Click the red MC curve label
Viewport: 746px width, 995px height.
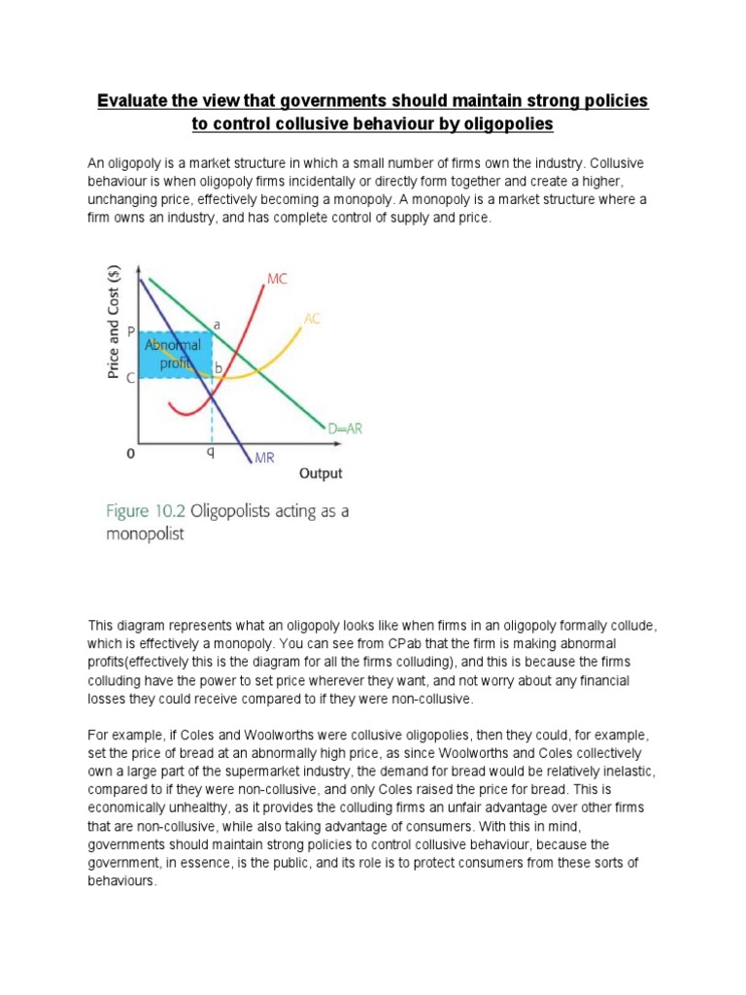click(x=277, y=279)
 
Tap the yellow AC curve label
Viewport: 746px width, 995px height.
click(x=312, y=318)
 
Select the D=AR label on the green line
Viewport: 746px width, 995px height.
click(x=345, y=428)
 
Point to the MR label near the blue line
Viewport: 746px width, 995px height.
click(x=264, y=458)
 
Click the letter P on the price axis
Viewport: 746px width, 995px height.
click(x=131, y=331)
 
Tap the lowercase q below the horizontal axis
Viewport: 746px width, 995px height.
click(x=209, y=452)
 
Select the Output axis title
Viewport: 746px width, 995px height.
click(x=321, y=474)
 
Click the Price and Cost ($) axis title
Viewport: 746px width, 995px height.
click(x=115, y=323)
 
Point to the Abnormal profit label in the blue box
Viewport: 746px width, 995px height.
click(x=173, y=355)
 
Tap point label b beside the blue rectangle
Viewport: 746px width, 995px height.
click(x=218, y=368)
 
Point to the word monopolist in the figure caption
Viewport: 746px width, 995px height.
click(x=145, y=534)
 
